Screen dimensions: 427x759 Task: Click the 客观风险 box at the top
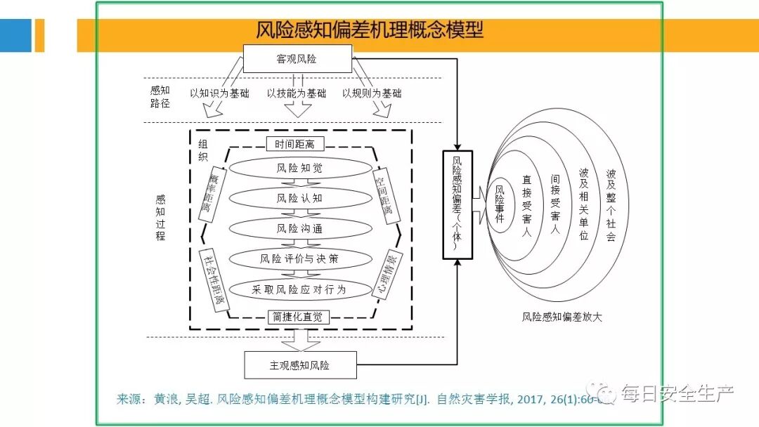[297, 59]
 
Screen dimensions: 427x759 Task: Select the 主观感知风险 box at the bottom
[300, 365]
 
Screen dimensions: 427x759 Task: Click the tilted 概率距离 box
[209, 194]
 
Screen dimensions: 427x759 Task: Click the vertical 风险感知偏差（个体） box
[458, 204]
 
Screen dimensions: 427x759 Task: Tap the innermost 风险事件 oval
[500, 204]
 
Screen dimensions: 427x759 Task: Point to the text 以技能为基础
[296, 93]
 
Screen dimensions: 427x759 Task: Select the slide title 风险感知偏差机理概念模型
[370, 30]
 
